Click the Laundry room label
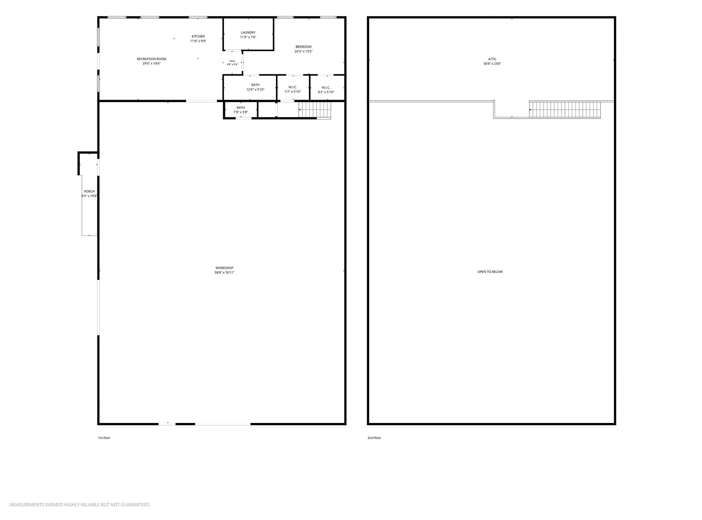pos(248,33)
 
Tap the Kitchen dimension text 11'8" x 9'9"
pos(198,41)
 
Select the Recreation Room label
pos(152,59)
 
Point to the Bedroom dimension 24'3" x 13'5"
pos(303,51)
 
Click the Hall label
pos(232,61)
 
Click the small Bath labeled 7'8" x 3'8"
pos(241,110)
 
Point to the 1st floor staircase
pos(315,110)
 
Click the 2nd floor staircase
pos(565,109)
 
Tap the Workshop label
pos(225,268)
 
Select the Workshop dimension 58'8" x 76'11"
pos(225,273)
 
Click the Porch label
pos(89,192)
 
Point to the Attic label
pos(492,59)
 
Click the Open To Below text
pos(490,272)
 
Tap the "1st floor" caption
pos(104,438)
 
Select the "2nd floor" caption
pos(374,438)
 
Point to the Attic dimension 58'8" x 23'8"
pos(492,64)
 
